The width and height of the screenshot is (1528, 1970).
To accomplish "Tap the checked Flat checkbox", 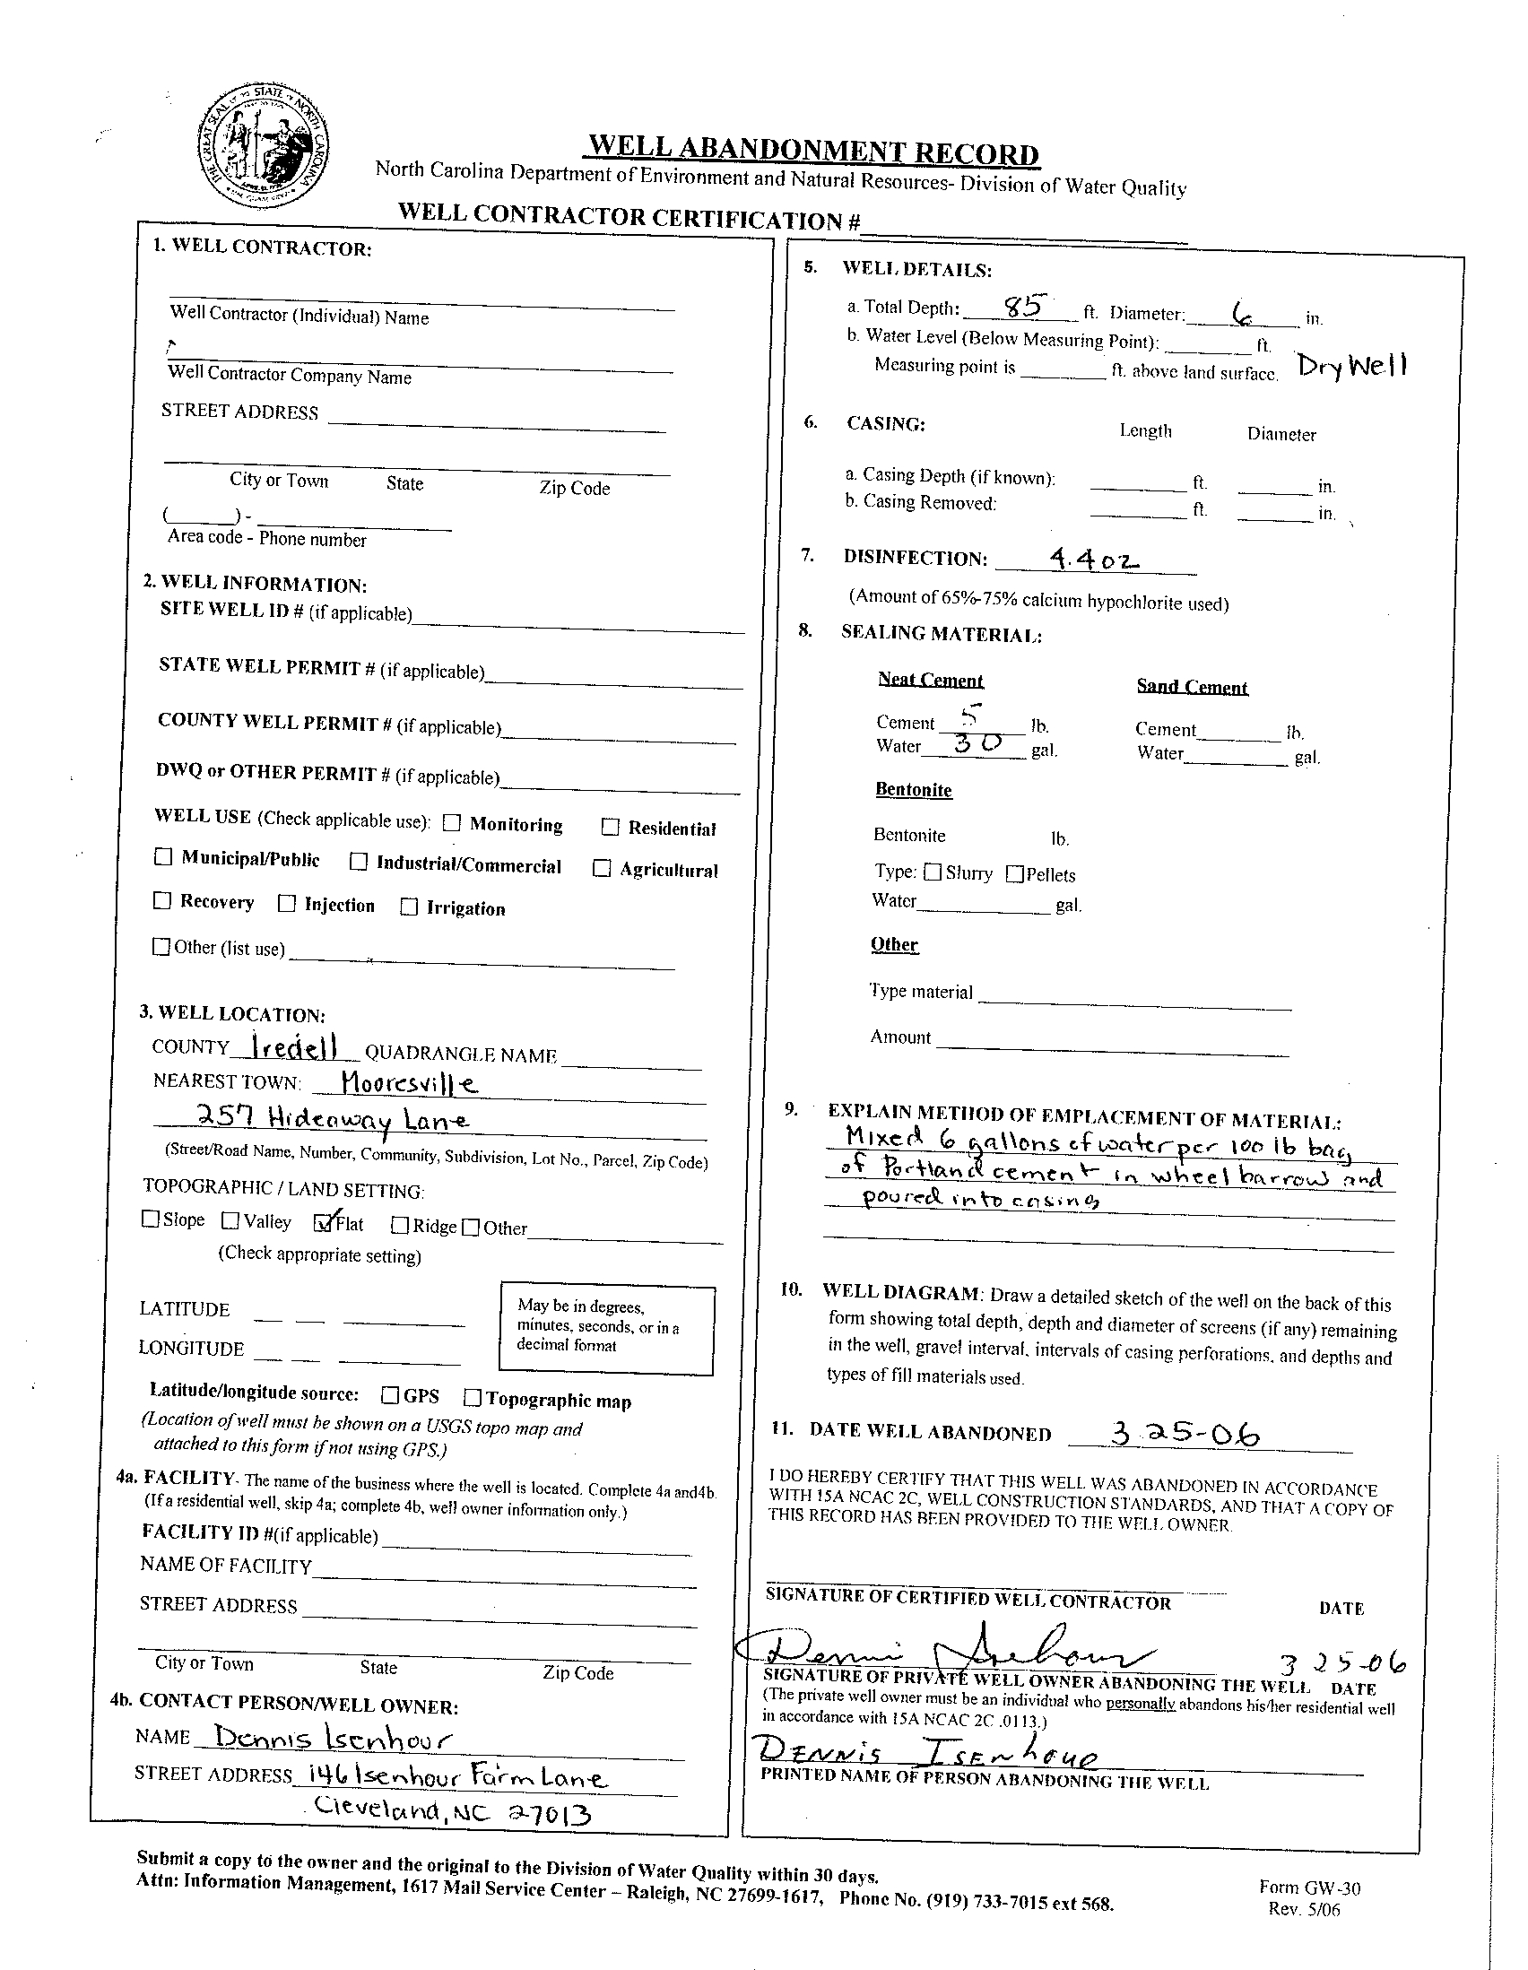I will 322,1222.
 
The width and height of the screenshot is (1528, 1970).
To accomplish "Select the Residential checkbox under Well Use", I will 611,826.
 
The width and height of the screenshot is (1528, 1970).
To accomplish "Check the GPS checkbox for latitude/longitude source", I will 390,1395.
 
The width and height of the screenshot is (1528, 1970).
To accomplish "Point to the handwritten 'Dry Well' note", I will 1351,365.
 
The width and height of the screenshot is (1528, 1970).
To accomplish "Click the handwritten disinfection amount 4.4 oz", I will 1094,560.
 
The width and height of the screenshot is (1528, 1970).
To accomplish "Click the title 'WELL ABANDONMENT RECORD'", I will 812,151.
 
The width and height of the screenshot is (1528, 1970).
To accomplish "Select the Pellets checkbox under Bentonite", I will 1015,873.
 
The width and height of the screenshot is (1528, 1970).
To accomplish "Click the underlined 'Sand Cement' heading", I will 1192,687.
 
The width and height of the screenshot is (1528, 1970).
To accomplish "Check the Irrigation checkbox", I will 409,907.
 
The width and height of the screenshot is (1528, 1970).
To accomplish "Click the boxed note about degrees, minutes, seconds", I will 606,1330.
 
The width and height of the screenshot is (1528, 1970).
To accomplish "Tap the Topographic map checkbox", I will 473,1397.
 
